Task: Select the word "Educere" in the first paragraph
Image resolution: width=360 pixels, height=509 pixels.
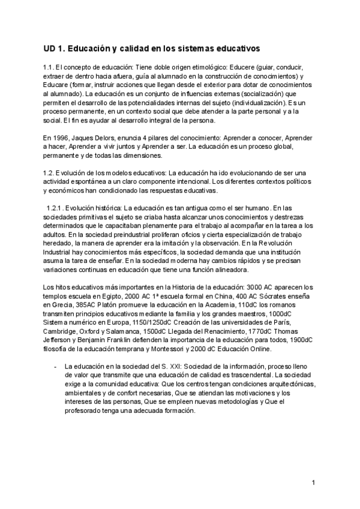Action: click(248, 68)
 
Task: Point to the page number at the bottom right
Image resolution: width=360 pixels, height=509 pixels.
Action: click(313, 482)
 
